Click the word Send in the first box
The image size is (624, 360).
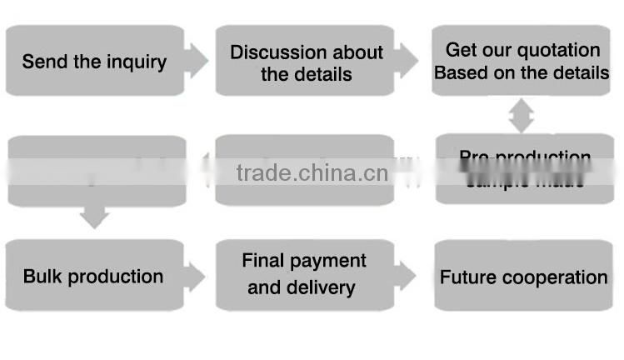(42, 62)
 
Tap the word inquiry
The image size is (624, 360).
(134, 62)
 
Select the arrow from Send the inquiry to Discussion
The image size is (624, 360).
(196, 60)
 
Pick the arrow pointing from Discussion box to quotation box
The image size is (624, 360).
(406, 60)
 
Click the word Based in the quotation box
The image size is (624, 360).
(460, 72)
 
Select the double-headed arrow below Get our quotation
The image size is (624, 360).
(522, 115)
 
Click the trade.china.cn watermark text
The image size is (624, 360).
(312, 172)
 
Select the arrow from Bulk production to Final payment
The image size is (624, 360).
(195, 276)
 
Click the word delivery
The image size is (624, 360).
(321, 288)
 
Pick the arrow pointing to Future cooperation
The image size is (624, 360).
(406, 275)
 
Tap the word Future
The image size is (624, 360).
(467, 277)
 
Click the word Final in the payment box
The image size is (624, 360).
(262, 261)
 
